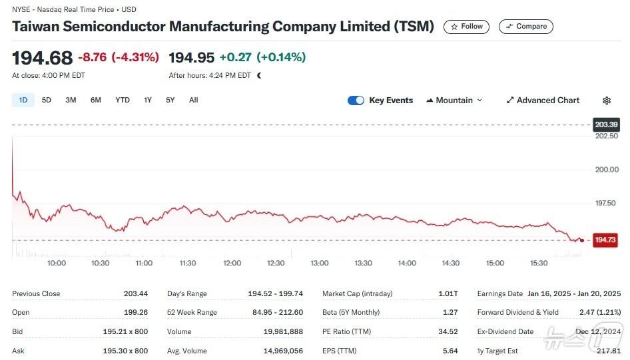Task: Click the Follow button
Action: [466, 27]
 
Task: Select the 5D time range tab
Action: [47, 100]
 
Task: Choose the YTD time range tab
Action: [123, 100]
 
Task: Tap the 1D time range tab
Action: [23, 100]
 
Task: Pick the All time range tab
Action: [193, 100]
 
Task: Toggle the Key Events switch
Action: [356, 100]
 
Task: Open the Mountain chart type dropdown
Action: [454, 100]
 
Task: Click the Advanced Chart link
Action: [543, 100]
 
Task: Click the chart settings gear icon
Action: [607, 100]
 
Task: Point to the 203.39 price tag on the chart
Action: [605, 124]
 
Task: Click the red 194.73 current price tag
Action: [605, 240]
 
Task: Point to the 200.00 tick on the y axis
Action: [606, 170]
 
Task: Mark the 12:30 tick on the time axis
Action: [276, 264]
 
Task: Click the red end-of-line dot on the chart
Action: [582, 240]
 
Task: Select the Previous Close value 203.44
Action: [135, 293]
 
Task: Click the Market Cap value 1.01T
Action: [448, 293]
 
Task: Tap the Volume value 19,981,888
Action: [284, 331]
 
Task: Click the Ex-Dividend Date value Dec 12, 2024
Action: [597, 331]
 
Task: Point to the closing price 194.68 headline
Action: [42, 57]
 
